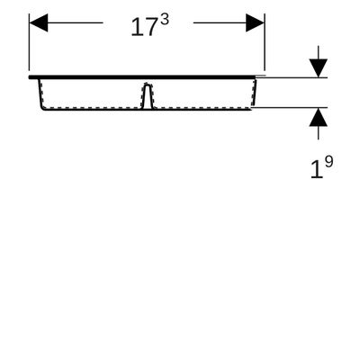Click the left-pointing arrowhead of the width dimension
click(x=39, y=22)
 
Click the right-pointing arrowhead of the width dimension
click(x=255, y=22)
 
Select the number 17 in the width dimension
click(x=144, y=27)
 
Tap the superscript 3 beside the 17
click(x=165, y=21)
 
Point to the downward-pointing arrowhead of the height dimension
click(x=319, y=68)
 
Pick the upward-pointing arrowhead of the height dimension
click(x=319, y=117)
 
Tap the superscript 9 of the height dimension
click(x=328, y=163)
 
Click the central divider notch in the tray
click(x=147, y=95)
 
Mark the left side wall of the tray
click(x=40, y=94)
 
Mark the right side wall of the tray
click(x=255, y=93)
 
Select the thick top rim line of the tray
click(x=142, y=77)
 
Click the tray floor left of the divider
click(x=93, y=109)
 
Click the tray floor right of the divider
click(x=201, y=109)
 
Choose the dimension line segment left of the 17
click(x=76, y=22)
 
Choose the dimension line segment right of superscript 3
click(x=220, y=22)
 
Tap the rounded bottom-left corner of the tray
click(x=42, y=107)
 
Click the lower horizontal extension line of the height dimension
click(x=289, y=107)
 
